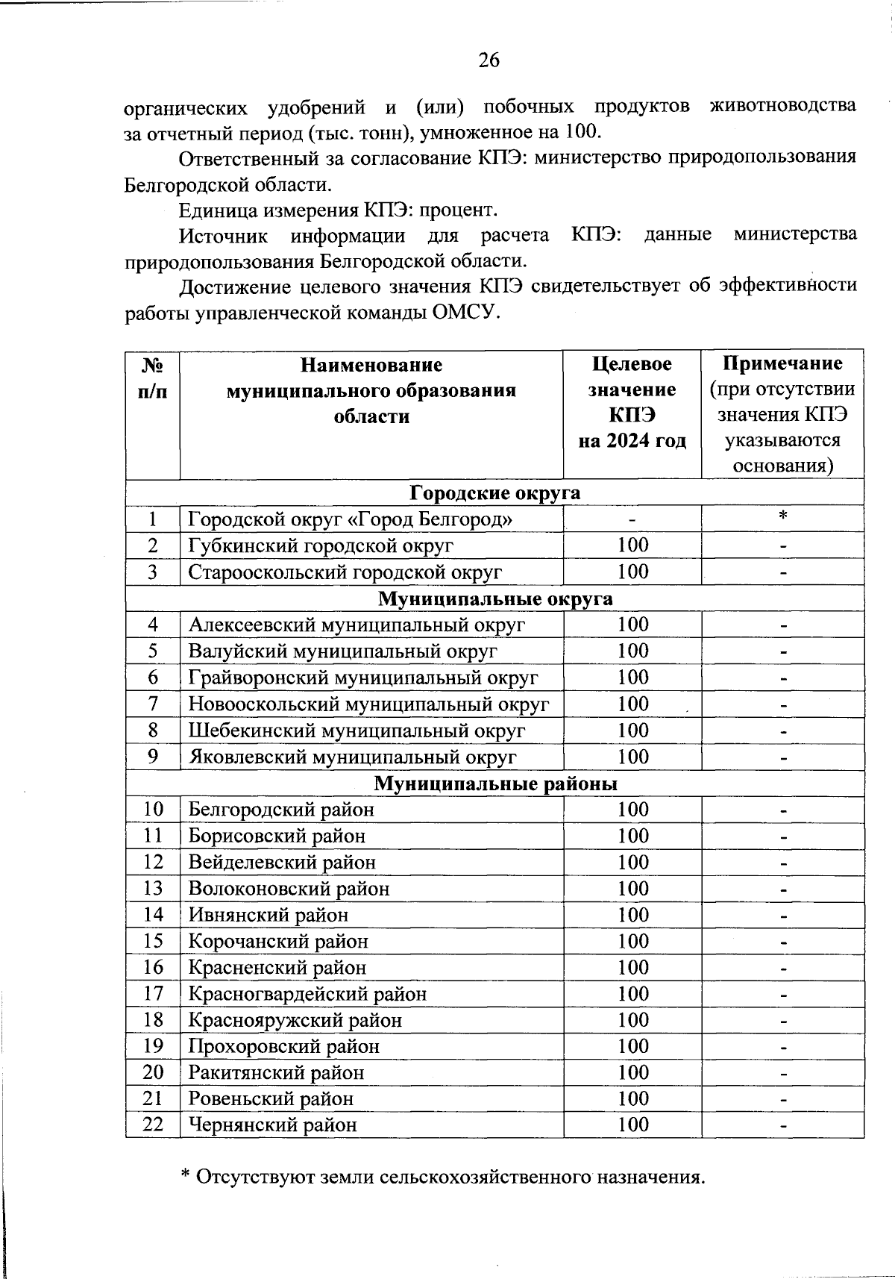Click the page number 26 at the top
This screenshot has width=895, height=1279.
coord(489,60)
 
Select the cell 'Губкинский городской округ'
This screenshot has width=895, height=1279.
coord(321,545)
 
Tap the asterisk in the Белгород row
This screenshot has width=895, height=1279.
coord(782,516)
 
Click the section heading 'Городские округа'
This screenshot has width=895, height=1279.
coord(494,493)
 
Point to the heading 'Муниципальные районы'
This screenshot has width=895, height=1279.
coord(494,784)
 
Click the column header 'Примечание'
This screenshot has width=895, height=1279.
coord(782,363)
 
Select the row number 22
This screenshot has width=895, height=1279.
coord(153,1124)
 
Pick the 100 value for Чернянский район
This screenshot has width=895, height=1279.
coord(632,1124)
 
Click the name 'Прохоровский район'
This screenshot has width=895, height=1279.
coord(283,1045)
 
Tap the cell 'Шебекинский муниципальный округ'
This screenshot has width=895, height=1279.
coord(357,731)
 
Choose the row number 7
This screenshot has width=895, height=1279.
coord(153,704)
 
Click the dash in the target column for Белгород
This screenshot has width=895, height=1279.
coord(632,518)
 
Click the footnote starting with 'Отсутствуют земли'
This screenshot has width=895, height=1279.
coord(444,1177)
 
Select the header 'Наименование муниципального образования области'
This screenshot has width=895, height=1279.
coord(371,390)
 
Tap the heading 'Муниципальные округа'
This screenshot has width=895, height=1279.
coord(494,599)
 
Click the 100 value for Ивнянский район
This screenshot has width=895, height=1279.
coord(632,914)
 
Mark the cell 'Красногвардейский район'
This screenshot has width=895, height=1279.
coord(307,993)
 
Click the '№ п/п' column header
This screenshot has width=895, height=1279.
coord(153,378)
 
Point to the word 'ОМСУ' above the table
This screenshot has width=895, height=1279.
coord(464,313)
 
